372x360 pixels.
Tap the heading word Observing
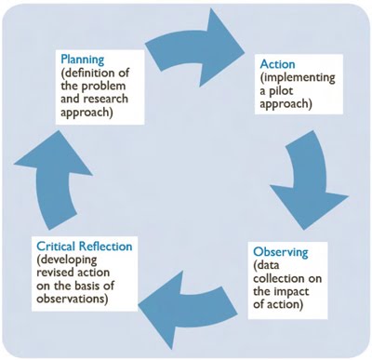[x=281, y=253]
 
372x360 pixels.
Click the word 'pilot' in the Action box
[x=290, y=95]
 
